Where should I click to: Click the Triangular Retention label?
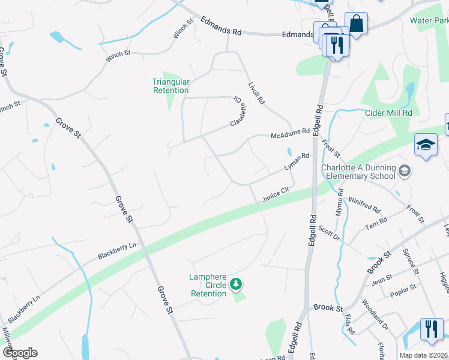click(171, 86)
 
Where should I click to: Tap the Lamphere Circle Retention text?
click(208, 285)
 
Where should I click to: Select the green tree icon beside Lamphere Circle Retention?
click(237, 283)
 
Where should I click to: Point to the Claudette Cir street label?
click(238, 112)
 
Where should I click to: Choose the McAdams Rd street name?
click(290, 133)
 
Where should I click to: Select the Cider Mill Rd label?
click(388, 113)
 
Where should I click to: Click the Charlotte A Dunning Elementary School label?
click(358, 172)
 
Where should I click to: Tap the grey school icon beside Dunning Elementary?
click(405, 171)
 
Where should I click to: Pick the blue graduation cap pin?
click(426, 145)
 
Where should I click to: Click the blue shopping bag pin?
click(356, 24)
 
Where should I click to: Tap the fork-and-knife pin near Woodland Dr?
click(432, 329)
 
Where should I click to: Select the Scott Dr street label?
click(329, 233)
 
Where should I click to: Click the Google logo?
click(19, 353)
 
